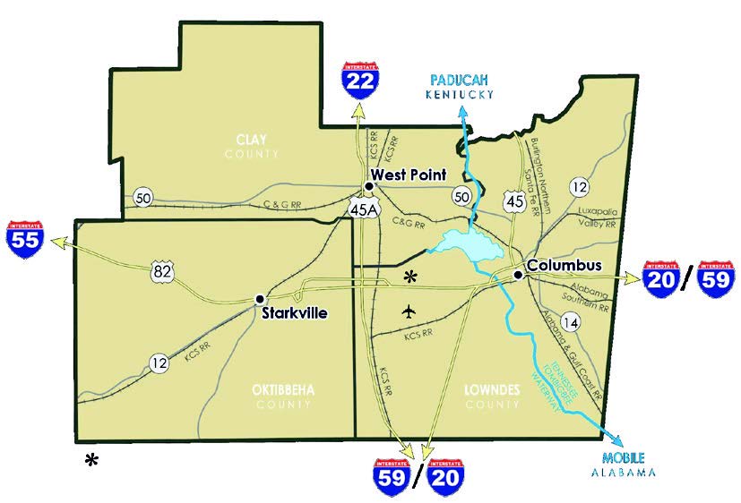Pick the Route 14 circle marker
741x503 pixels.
click(568, 321)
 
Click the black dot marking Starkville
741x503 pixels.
click(260, 298)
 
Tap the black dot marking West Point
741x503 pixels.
click(368, 186)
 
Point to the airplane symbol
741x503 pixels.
click(410, 311)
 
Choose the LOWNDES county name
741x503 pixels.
click(493, 390)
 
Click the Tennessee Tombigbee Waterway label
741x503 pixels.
click(558, 385)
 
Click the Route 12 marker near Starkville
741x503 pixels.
click(159, 362)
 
